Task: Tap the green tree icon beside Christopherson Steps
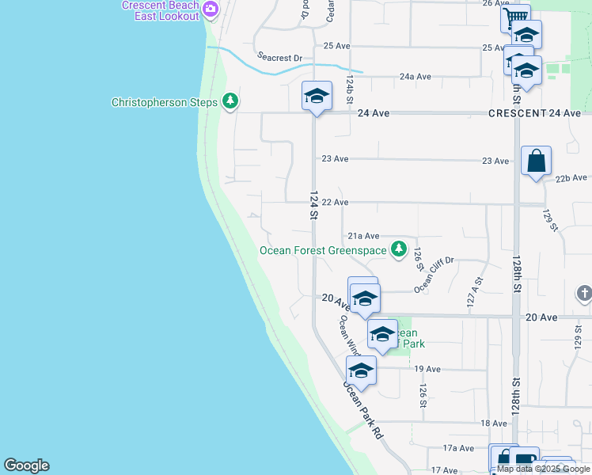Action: (230, 101)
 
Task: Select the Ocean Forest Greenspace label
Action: (324, 251)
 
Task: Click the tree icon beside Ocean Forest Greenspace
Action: (400, 250)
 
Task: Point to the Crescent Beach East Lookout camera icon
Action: (210, 9)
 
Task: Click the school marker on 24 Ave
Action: (316, 97)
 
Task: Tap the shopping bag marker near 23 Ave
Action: (536, 161)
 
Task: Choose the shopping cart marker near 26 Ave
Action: (515, 17)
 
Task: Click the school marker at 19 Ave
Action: (361, 370)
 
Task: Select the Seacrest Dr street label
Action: (280, 57)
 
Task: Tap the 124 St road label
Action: (313, 204)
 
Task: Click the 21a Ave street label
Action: (364, 236)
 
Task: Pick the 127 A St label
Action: (473, 291)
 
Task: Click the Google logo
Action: (26, 465)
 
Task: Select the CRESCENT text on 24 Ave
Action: (516, 113)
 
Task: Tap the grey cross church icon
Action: (584, 295)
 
